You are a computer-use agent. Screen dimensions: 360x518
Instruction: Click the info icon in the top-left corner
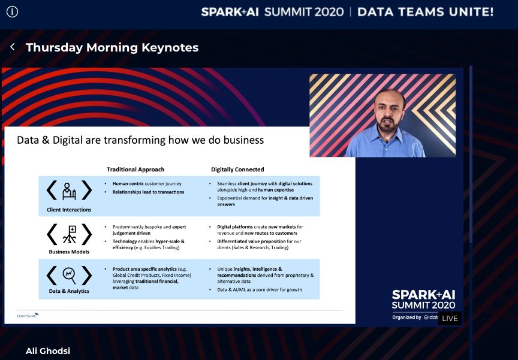tap(12, 11)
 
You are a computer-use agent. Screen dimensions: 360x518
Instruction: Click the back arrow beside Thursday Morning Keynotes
tap(13, 47)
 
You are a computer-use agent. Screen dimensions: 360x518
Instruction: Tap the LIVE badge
tap(450, 318)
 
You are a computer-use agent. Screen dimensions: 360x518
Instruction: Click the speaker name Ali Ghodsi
tap(48, 350)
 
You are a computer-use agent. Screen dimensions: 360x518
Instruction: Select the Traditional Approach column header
tap(135, 170)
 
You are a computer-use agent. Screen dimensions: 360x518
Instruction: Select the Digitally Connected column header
tap(237, 170)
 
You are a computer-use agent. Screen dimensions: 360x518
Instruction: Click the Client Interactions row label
tap(69, 210)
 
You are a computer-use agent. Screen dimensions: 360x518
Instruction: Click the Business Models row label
tap(69, 252)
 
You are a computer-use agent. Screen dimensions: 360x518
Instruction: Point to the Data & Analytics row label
tap(69, 291)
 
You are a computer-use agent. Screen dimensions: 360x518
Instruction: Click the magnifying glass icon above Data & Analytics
tap(69, 275)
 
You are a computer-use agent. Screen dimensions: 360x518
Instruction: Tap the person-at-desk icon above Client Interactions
tap(69, 190)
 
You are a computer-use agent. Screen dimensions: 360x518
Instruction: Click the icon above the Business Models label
tap(69, 234)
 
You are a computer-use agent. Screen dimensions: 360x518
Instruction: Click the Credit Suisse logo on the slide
tap(28, 314)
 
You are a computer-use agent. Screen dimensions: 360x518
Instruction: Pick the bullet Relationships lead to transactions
tap(148, 192)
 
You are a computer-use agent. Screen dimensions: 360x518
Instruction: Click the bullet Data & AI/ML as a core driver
tap(259, 290)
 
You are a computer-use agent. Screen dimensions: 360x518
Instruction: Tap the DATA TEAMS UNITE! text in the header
tap(425, 11)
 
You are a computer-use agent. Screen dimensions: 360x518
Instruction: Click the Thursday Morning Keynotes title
tap(112, 47)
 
